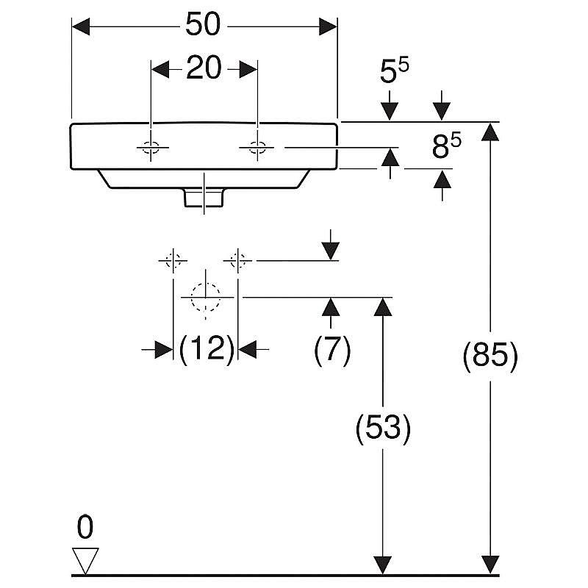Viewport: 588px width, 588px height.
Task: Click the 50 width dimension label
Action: (x=203, y=24)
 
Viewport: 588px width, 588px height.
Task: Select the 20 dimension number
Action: (x=204, y=68)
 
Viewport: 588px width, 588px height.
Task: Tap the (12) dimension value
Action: (x=207, y=348)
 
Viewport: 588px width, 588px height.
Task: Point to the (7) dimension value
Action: (x=332, y=348)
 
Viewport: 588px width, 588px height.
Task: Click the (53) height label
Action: (x=383, y=428)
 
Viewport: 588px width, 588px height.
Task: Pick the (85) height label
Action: (x=490, y=355)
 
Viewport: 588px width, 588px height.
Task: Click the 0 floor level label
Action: (x=85, y=527)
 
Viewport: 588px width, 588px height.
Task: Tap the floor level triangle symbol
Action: (x=85, y=561)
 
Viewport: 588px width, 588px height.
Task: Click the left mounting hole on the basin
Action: (x=151, y=148)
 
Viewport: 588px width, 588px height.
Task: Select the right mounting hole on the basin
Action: (x=257, y=148)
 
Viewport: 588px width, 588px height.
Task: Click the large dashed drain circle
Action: (x=205, y=297)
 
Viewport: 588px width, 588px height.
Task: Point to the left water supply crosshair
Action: (x=173, y=260)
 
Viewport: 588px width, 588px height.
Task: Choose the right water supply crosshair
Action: (x=237, y=260)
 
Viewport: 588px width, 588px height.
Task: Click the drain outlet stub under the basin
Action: (x=204, y=198)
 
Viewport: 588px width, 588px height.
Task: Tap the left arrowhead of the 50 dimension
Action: (x=81, y=26)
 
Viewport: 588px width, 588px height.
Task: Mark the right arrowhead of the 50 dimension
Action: (x=328, y=26)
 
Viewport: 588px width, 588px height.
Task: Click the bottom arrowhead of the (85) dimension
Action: (x=490, y=564)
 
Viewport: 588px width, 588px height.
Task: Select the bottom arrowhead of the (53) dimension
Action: (x=383, y=564)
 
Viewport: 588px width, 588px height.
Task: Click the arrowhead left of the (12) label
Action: (x=164, y=350)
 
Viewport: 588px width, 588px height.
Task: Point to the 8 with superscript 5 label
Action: (x=446, y=146)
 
